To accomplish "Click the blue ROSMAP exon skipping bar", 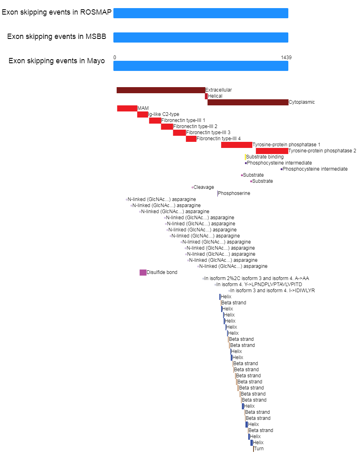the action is pyautogui.click(x=201, y=13).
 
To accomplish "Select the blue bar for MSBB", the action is pyautogui.click(x=201, y=38).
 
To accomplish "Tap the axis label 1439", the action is pyautogui.click(x=286, y=58).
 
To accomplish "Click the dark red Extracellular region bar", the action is pyautogui.click(x=161, y=90).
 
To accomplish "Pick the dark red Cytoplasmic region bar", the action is pyautogui.click(x=248, y=103).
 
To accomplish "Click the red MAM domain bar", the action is pyautogui.click(x=127, y=109).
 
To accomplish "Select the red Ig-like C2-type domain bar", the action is pyautogui.click(x=143, y=114).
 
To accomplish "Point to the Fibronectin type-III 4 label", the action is pyautogui.click(x=218, y=139).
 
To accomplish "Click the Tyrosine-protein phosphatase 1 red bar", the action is pyautogui.click(x=236, y=145).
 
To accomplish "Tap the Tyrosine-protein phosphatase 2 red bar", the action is pyautogui.click(x=272, y=151).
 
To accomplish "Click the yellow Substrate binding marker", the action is pyautogui.click(x=245, y=157).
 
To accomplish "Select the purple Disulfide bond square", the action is pyautogui.click(x=143, y=272).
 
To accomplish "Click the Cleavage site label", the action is pyautogui.click(x=204, y=187).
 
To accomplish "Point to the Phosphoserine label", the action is pyautogui.click(x=234, y=193).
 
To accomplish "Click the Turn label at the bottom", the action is pyautogui.click(x=259, y=449).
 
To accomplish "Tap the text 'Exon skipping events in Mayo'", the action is pyautogui.click(x=57, y=61).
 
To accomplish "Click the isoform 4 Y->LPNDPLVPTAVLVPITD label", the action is pyautogui.click(x=259, y=285).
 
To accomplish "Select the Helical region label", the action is pyautogui.click(x=215, y=96).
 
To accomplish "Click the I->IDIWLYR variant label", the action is pyautogui.click(x=273, y=291).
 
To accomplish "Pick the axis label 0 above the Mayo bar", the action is pyautogui.click(x=115, y=58).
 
